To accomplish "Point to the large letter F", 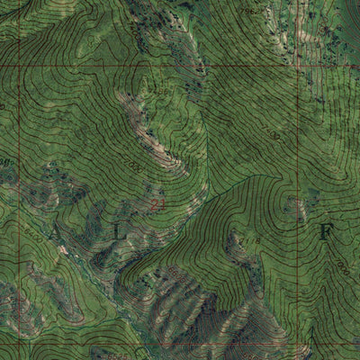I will coord(325,230).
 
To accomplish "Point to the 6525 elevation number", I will coord(7,162).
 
